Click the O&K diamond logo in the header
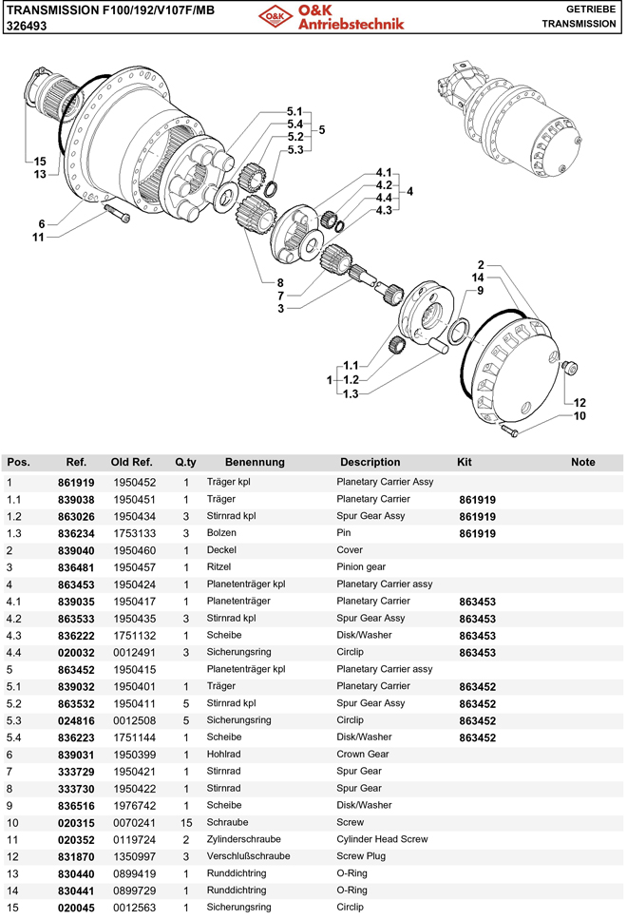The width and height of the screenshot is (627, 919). (x=275, y=16)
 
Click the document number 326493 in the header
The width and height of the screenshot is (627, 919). (x=27, y=28)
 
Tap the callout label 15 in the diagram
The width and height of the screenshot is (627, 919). (x=40, y=161)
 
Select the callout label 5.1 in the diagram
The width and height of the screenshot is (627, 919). (x=294, y=111)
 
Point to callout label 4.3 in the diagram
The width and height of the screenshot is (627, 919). (x=384, y=210)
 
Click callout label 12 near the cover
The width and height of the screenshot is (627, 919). (x=579, y=402)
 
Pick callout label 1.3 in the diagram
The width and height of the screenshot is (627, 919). (x=351, y=393)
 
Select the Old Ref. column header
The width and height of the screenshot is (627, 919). (x=132, y=463)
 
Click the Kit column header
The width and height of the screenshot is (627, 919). (x=465, y=463)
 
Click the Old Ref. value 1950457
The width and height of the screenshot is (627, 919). (x=134, y=567)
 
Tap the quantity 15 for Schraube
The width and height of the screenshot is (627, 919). (x=186, y=822)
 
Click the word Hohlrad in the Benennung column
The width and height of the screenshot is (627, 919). (x=223, y=755)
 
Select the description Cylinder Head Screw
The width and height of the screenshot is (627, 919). (x=382, y=839)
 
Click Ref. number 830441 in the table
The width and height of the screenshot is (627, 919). (x=76, y=890)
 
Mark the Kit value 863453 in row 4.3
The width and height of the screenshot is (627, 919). (x=478, y=636)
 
